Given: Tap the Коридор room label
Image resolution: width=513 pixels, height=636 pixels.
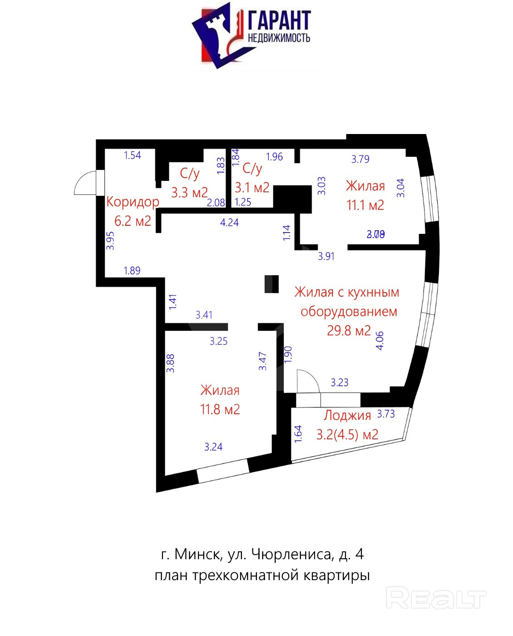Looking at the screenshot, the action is pos(133,201).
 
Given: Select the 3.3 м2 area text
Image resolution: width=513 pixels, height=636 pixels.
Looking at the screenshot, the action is pos(189,192).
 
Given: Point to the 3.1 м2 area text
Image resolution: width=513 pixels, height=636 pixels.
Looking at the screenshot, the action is pos(252,187).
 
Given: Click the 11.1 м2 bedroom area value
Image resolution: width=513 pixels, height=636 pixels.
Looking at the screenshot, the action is pos(365,205).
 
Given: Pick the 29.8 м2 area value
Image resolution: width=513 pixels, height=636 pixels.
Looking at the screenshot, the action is pos(349,330).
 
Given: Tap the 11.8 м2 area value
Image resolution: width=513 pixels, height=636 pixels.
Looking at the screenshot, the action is pos(220,409).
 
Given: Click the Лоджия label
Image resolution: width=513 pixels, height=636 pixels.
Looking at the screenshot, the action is pos(347,415).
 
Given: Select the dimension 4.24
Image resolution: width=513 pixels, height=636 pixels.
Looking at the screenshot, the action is pos(229,222).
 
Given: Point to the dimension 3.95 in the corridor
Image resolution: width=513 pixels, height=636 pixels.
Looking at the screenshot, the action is pos(110,240).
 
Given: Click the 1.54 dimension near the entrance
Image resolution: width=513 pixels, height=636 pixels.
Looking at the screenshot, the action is pos(133,155).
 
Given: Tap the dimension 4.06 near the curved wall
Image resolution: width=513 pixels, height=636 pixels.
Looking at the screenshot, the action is pos(380,340).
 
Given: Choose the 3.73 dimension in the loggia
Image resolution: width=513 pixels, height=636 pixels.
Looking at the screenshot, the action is pos(386,413).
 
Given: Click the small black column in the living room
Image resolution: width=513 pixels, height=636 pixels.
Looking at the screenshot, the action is pos(271,284).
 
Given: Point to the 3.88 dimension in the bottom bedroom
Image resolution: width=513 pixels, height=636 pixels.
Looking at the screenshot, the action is pos(170,363).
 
